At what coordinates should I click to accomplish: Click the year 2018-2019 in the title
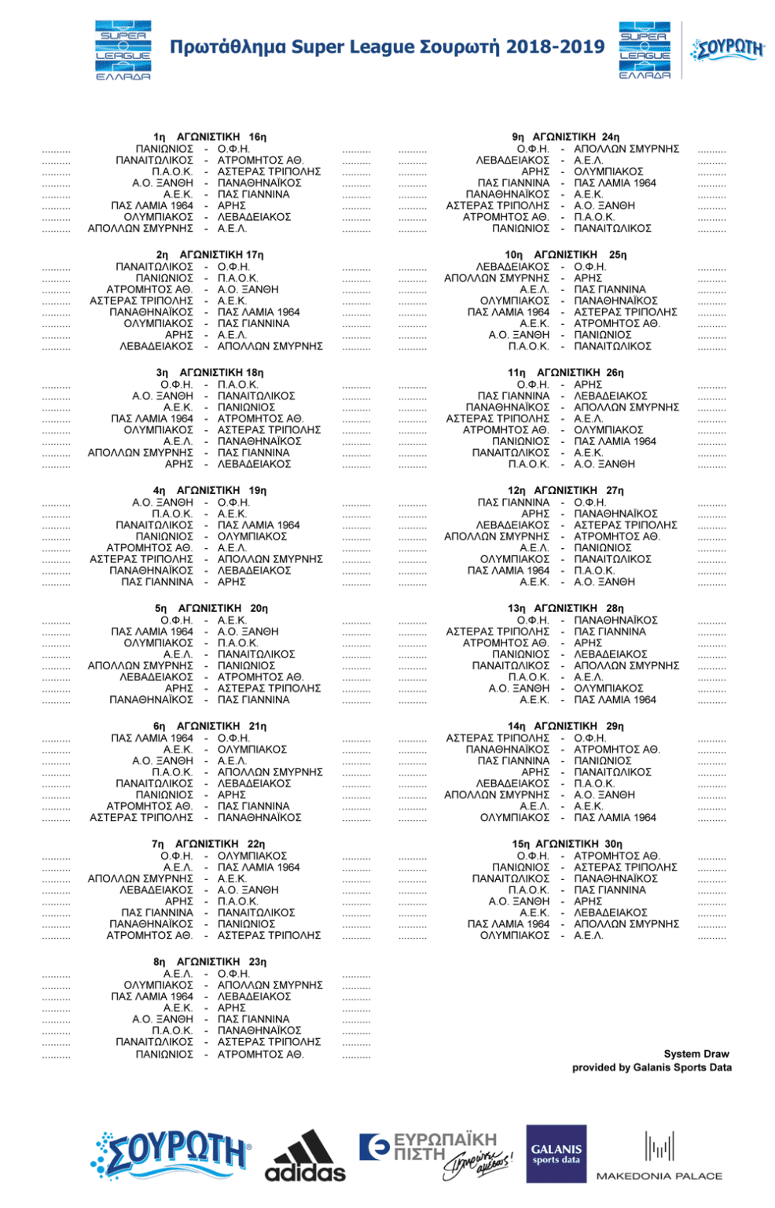[555, 47]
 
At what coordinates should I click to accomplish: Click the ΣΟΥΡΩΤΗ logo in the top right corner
[727, 50]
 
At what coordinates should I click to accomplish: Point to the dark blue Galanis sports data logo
[556, 1154]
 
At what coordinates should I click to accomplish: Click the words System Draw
[696, 1054]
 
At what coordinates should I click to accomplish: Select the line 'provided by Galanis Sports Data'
[652, 1067]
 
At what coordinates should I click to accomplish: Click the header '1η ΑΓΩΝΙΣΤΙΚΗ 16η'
[210, 137]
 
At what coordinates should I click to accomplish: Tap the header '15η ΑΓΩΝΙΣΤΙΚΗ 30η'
[566, 844]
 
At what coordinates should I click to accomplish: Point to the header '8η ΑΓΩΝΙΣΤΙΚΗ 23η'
[210, 962]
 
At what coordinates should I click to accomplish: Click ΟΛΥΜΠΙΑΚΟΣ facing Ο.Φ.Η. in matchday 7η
[252, 856]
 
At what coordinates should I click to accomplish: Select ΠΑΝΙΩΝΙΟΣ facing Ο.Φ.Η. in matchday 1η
[164, 149]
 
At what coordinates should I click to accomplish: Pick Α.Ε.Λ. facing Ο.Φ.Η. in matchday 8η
[178, 974]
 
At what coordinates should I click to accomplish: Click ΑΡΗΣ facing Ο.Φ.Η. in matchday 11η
[587, 385]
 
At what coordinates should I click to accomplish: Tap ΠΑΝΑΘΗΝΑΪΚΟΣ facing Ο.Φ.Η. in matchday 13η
[615, 621]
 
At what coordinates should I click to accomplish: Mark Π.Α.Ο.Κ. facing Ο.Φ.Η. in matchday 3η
[237, 385]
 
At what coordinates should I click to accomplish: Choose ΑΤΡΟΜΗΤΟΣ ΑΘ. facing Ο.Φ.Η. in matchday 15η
[616, 856]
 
